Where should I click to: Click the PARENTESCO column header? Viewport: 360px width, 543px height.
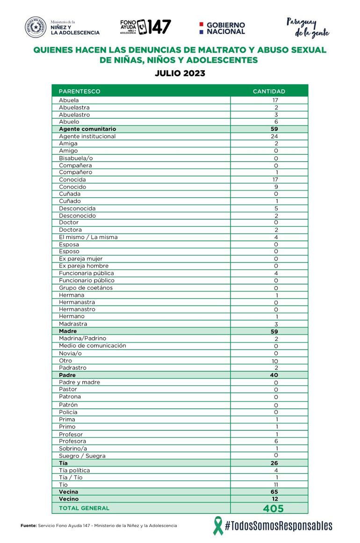pos(79,91)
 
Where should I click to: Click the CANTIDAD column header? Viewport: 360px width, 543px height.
pos(269,91)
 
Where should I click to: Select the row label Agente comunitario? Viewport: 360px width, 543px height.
pos(87,129)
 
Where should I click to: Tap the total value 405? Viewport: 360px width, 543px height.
pos(273,508)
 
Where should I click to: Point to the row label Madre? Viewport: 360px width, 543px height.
pos(68,331)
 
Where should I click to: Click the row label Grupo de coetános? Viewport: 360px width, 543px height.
pos(86,287)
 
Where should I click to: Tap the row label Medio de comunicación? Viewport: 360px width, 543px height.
pos(92,345)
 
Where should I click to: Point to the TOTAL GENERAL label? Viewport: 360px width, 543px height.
pos(84,508)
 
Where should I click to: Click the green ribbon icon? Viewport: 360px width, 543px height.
pos(217,525)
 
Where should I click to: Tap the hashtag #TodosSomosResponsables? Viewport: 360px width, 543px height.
pos(279,526)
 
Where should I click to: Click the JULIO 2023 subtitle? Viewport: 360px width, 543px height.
pos(180,73)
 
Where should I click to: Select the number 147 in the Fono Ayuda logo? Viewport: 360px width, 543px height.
pos(160,27)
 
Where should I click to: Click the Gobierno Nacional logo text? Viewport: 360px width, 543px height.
pos(225,28)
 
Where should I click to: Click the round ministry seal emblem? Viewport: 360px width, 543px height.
pos(36,27)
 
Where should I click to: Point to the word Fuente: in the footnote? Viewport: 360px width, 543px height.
pos(29,526)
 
